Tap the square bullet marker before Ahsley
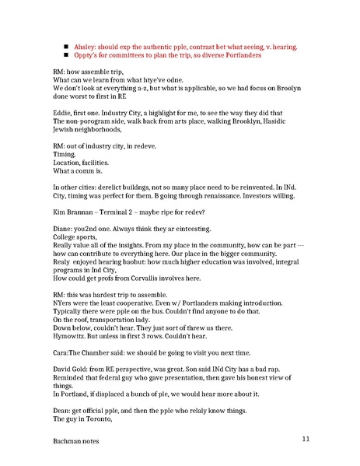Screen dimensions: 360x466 (67, 46)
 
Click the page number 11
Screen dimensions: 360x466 (307, 440)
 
